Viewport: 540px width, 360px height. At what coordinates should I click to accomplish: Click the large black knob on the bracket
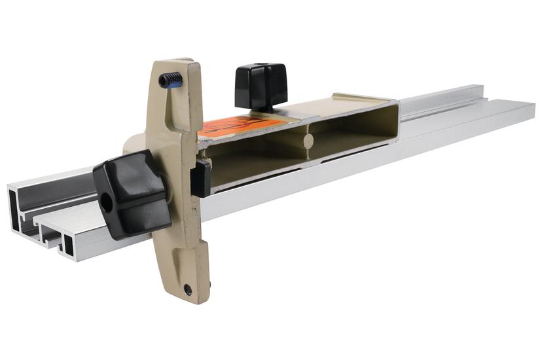pyautogui.click(x=131, y=193)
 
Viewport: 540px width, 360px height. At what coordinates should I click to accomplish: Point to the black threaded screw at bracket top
pyautogui.click(x=171, y=80)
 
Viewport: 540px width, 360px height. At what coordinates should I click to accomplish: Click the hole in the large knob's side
pyautogui.click(x=106, y=203)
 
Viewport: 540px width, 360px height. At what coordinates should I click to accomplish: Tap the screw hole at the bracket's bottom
pyautogui.click(x=188, y=289)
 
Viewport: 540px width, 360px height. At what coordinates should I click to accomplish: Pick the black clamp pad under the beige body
pyautogui.click(x=200, y=178)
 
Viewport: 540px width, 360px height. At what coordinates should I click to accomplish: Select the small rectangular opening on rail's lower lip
pyautogui.click(x=69, y=244)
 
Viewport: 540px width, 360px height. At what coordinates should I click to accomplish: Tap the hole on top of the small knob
pyautogui.click(x=260, y=66)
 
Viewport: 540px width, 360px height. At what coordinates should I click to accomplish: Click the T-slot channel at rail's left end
pyautogui.click(x=49, y=226)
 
